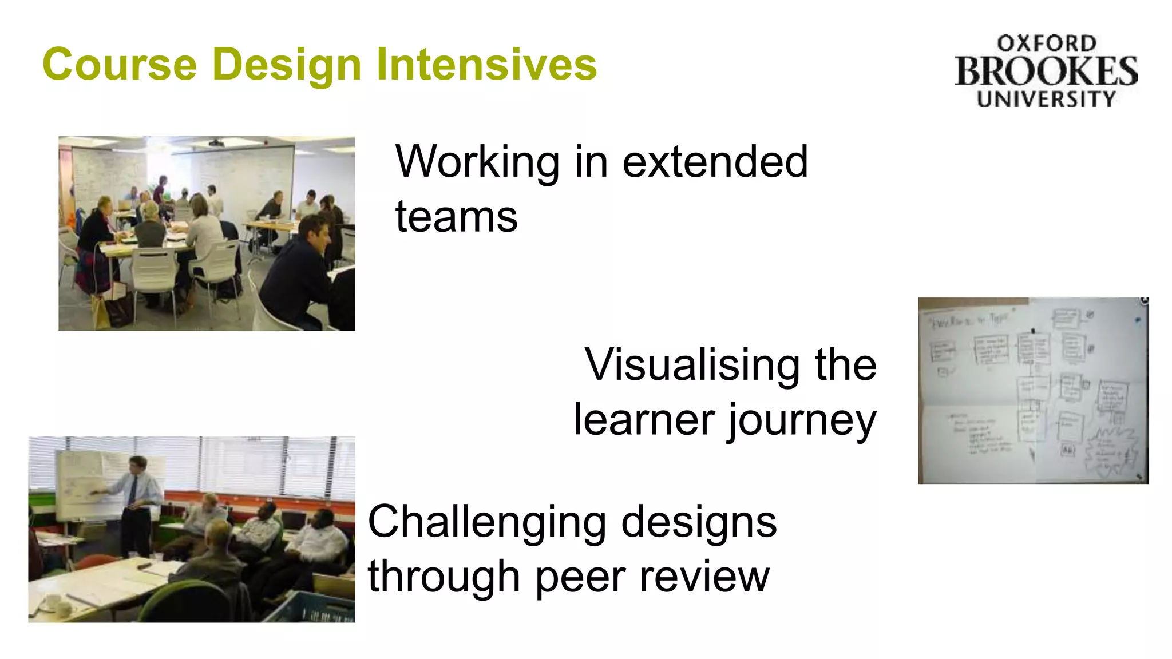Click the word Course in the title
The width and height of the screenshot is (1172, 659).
point(119,64)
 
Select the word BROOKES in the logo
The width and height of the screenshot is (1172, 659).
point(1046,72)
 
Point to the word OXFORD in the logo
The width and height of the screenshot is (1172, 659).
point(1046,43)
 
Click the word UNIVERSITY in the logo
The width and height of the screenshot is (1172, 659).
point(1046,99)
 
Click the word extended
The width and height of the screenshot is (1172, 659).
point(715,162)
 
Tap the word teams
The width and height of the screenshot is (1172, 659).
point(456,217)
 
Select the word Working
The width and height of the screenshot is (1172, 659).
point(477,163)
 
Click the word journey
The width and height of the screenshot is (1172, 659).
point(802,421)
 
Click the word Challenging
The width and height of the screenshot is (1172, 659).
point(487,523)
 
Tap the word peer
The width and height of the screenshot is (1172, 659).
point(580,578)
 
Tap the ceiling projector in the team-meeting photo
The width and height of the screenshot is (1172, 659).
point(216,142)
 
